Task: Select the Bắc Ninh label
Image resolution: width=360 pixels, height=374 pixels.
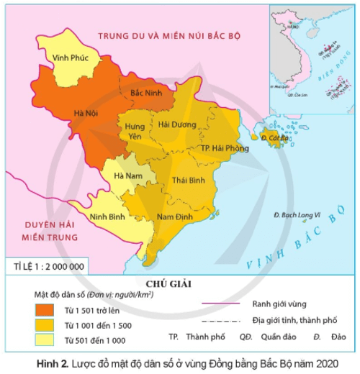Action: point(144,94)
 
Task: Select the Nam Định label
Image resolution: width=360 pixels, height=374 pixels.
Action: point(171,216)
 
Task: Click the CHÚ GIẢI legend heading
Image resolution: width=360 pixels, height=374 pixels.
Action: point(176,283)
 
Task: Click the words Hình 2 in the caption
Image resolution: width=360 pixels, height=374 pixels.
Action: point(44,363)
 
